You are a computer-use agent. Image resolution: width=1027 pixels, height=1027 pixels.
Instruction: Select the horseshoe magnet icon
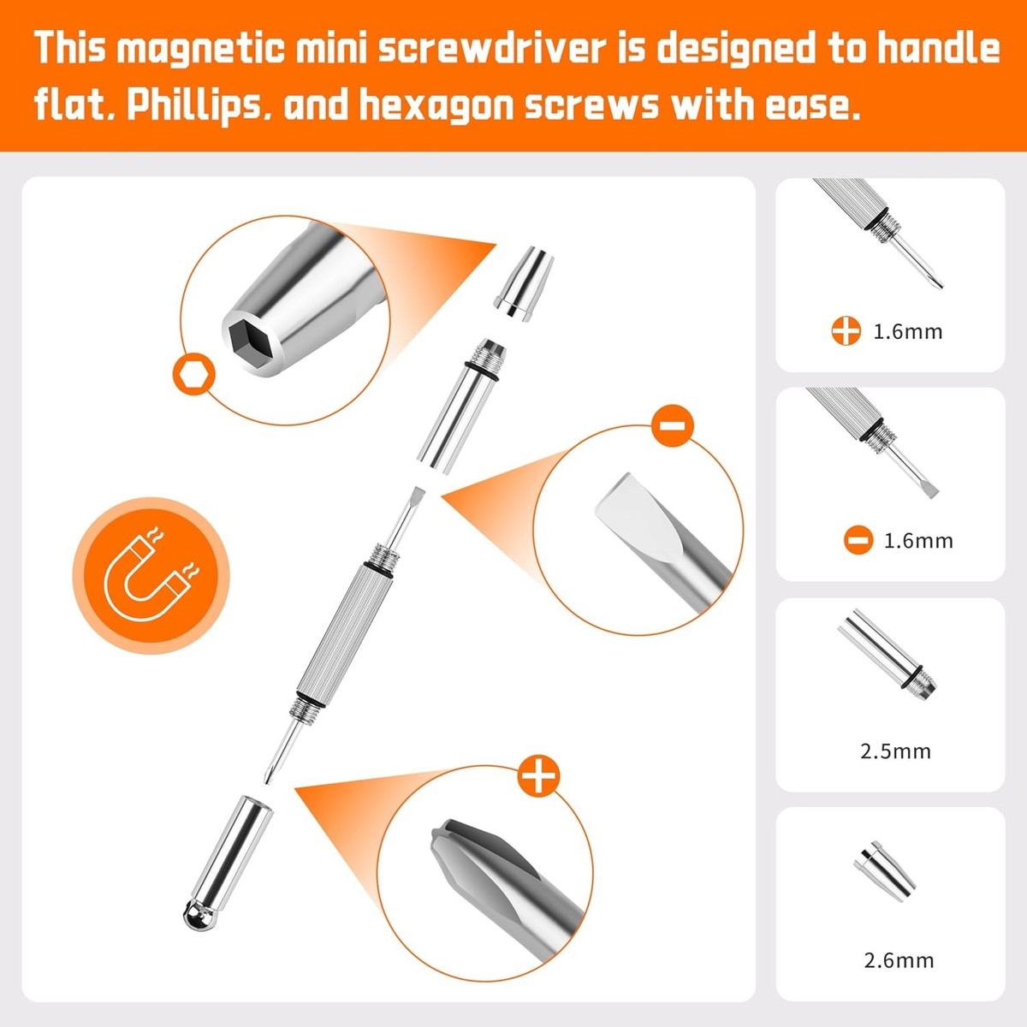[x=151, y=576]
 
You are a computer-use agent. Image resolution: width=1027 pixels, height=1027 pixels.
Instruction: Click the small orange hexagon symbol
[x=194, y=374]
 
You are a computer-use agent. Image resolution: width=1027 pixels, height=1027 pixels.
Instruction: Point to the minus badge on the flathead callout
[x=673, y=425]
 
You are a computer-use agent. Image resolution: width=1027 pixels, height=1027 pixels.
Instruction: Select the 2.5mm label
[x=895, y=751]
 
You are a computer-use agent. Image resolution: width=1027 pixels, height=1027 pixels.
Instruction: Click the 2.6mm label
[x=899, y=960]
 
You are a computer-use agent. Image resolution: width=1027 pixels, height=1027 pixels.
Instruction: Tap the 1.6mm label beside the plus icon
[x=908, y=331]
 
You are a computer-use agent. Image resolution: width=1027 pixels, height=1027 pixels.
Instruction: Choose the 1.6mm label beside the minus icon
[x=918, y=541]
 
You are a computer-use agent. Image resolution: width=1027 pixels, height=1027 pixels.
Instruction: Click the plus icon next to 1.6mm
[x=846, y=331]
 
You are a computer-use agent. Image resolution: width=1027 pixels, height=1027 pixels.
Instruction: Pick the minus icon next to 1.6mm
[x=858, y=540]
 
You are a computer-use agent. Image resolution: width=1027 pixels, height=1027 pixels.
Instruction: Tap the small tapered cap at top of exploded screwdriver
[x=524, y=283]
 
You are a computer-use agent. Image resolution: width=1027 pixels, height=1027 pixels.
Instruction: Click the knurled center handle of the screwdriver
[x=344, y=632]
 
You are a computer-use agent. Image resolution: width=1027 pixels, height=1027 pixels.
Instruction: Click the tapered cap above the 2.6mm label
[x=884, y=879]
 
